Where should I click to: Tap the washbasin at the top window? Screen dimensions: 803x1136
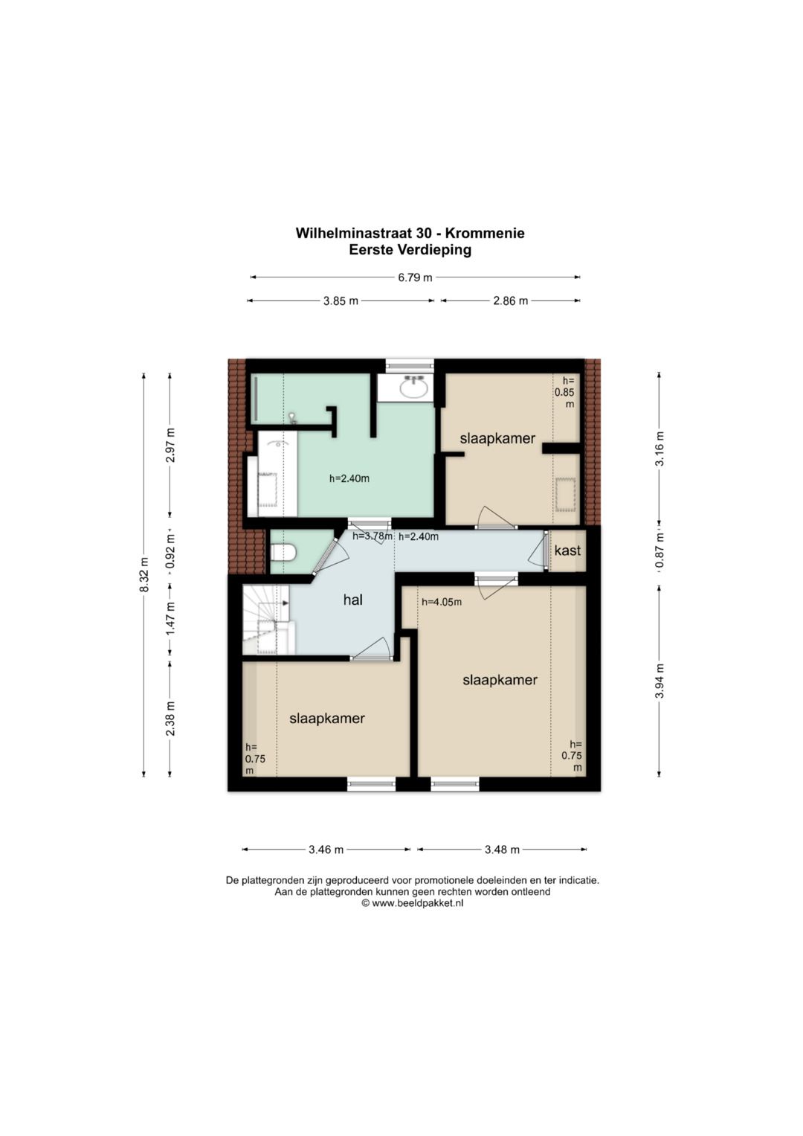click(414, 388)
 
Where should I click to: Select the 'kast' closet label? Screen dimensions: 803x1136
click(567, 551)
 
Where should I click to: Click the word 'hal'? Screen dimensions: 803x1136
click(353, 600)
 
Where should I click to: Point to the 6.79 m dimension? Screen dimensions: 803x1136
click(415, 277)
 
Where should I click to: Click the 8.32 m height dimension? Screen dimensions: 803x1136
click(144, 574)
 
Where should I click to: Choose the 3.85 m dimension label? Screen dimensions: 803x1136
click(341, 301)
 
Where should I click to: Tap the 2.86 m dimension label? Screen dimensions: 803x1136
click(511, 301)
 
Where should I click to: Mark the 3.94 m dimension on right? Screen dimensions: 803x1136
click(659, 681)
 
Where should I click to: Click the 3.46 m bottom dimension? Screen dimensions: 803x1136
click(326, 850)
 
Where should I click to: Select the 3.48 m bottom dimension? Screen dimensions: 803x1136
click(502, 850)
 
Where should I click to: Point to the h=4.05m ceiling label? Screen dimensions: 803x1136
click(442, 602)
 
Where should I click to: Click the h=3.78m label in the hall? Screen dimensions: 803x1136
click(373, 536)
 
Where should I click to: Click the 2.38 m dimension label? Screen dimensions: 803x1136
click(170, 719)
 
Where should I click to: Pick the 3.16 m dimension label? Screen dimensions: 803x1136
click(659, 449)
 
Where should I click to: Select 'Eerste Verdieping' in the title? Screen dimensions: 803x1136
click(410, 249)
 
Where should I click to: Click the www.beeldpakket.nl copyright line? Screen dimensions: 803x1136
click(412, 903)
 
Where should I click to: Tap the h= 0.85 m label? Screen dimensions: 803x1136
click(564, 392)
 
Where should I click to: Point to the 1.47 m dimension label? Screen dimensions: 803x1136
click(170, 619)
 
